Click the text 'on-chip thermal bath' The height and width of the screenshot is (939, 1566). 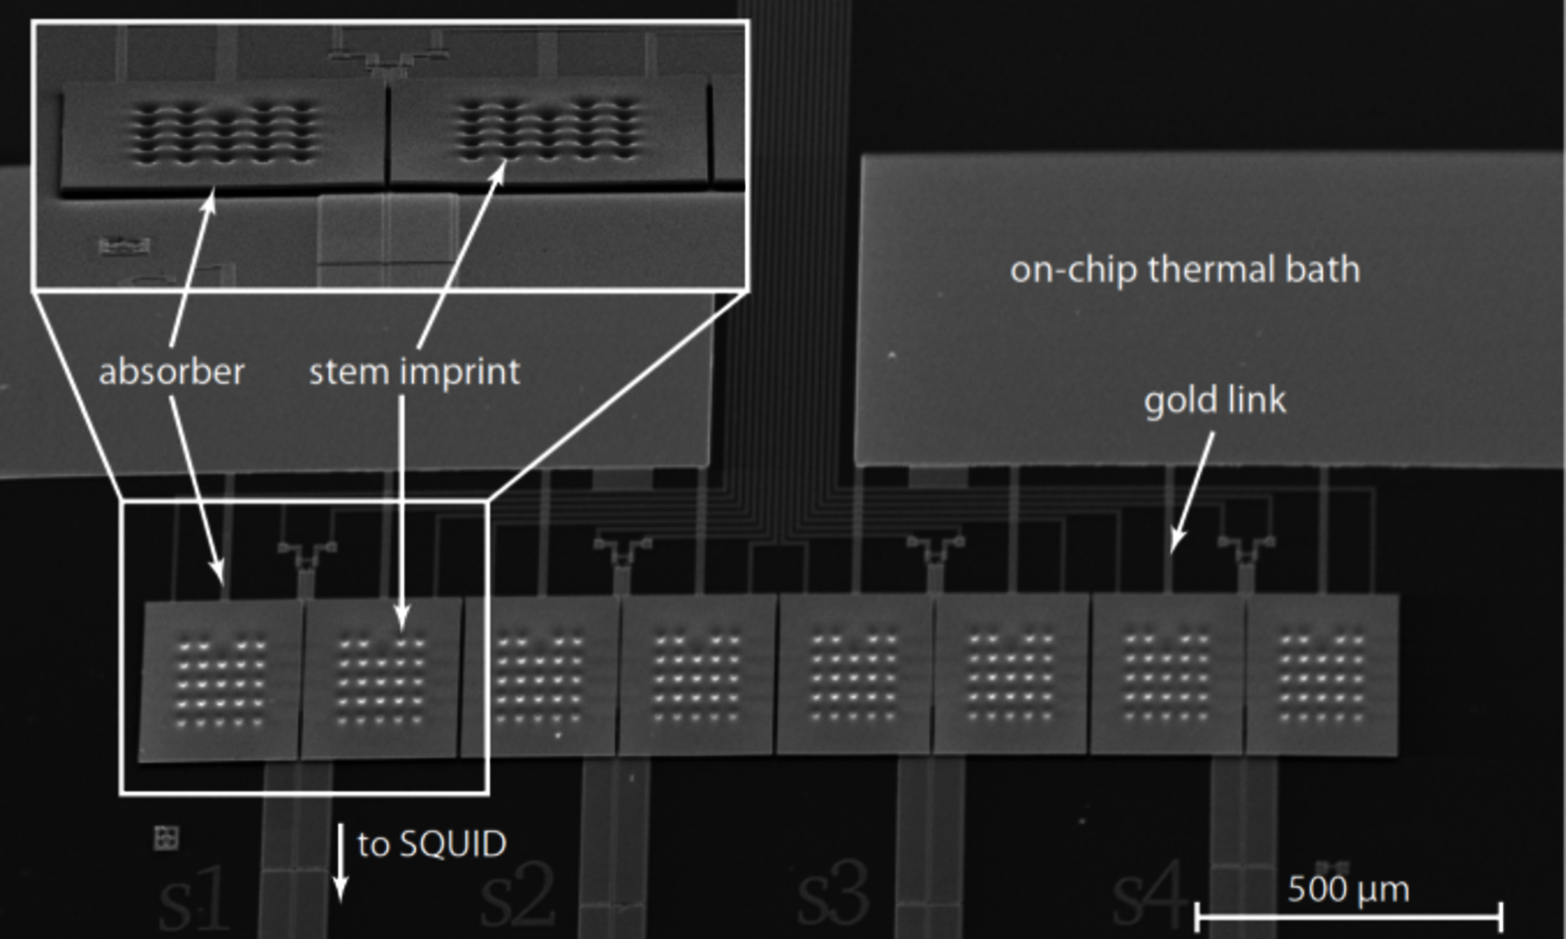point(1184,270)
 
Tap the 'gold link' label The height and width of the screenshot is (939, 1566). point(1214,401)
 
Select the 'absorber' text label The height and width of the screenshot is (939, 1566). point(171,372)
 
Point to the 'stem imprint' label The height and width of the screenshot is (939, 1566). point(414,372)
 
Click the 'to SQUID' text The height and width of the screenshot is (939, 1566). point(431,844)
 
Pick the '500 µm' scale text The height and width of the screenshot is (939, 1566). point(1348,889)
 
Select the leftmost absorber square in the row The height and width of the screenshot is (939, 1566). point(220,681)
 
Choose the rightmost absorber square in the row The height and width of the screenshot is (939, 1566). point(1322,674)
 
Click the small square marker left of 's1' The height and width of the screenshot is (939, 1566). point(165,838)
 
